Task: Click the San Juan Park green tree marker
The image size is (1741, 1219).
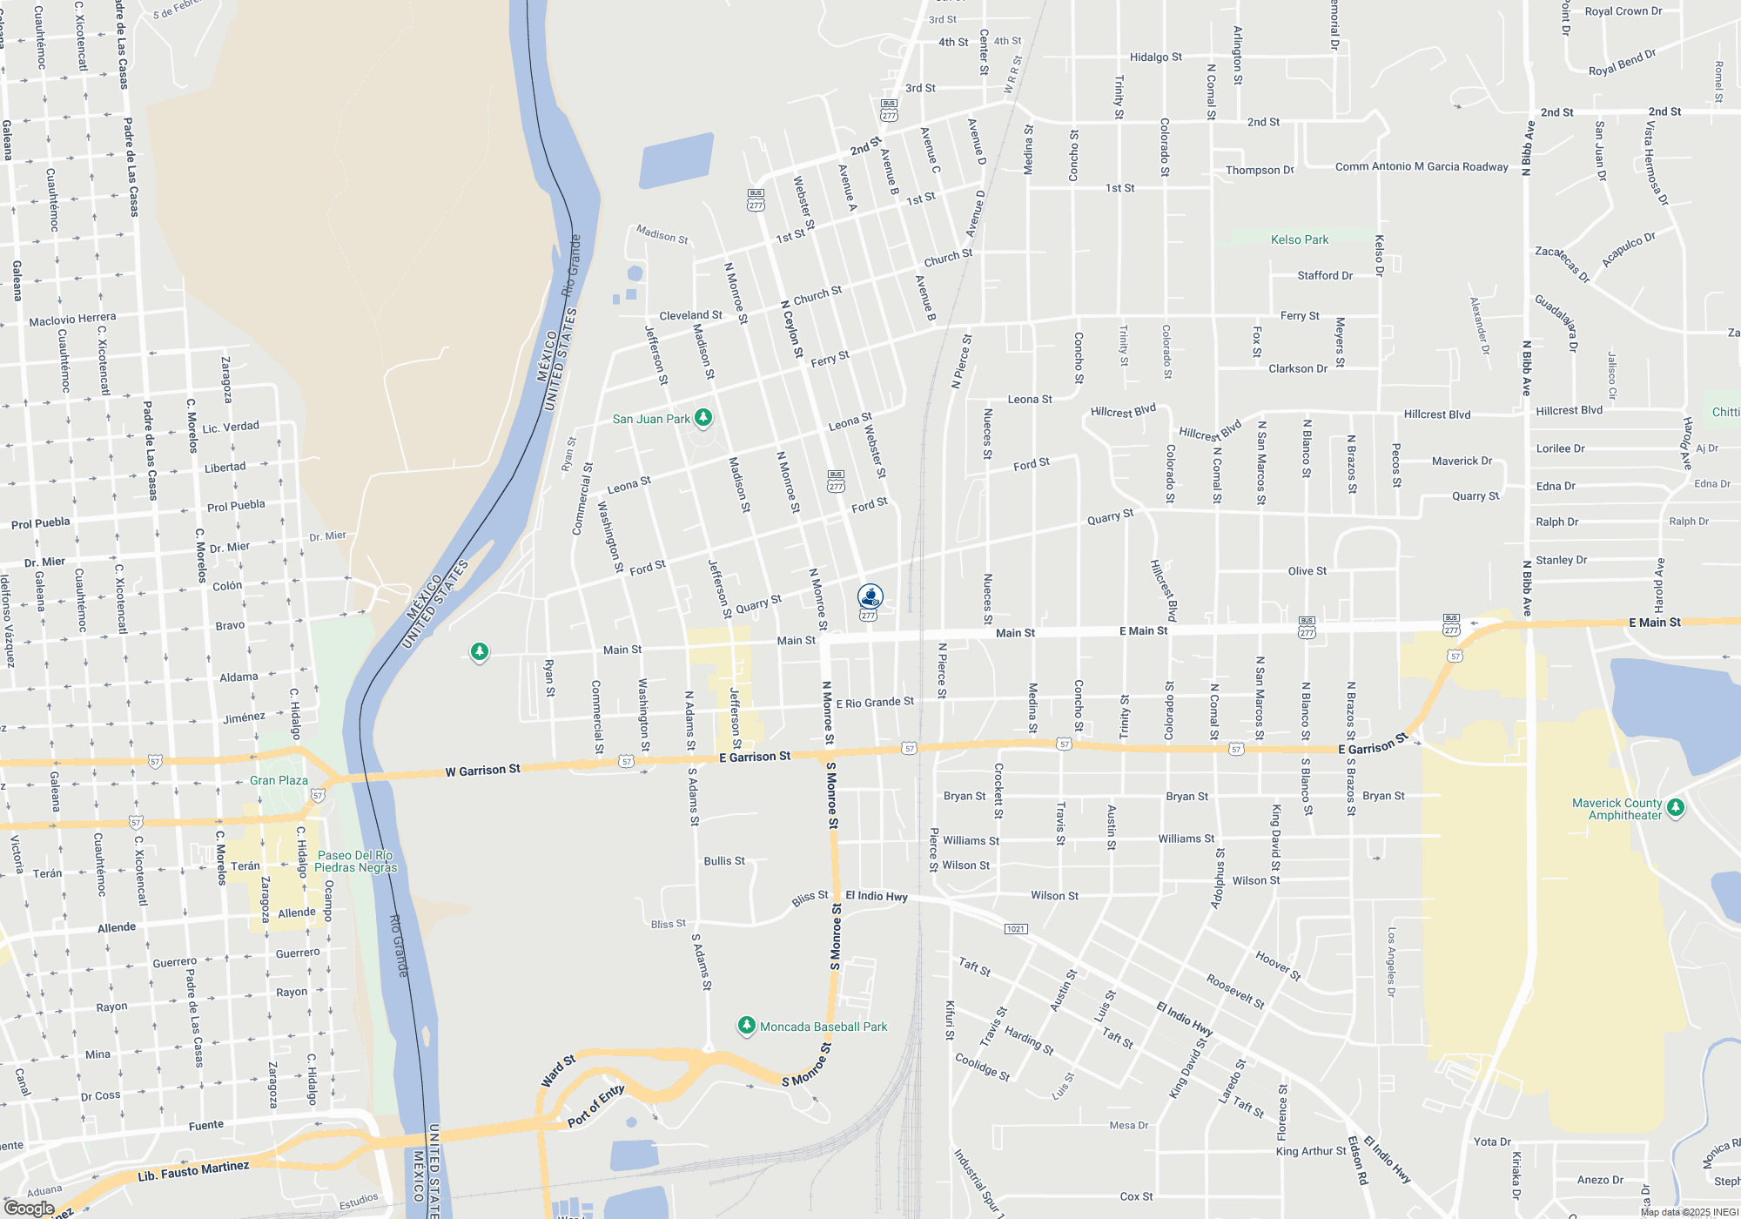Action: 703,418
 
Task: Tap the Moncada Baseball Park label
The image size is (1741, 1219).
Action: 823,1027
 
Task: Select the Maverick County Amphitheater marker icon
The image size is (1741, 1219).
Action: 1675,807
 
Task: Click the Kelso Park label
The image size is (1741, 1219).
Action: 1299,239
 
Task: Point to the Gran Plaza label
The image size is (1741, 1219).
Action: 279,780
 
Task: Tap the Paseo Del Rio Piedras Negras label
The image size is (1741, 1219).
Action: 354,861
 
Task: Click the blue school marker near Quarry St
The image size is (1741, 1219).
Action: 870,596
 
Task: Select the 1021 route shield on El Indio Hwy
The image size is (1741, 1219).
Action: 1015,929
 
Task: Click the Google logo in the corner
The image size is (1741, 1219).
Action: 29,1208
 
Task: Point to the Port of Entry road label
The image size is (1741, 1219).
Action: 595,1106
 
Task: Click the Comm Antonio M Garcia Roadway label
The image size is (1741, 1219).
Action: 1421,166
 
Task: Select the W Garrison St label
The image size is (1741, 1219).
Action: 482,770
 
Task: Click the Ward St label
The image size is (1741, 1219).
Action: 558,1071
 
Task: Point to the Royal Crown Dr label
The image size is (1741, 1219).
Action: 1623,11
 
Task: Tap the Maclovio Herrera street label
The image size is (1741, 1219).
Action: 72,320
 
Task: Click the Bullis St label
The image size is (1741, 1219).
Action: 724,860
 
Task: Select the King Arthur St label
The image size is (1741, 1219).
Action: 1310,1151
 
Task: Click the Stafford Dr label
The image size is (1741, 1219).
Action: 1324,275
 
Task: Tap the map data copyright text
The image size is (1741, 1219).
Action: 1689,1212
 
